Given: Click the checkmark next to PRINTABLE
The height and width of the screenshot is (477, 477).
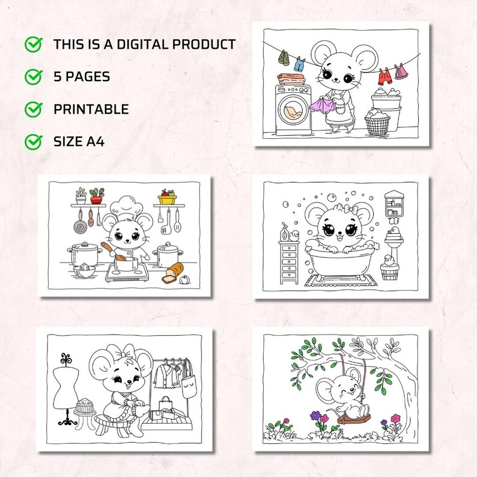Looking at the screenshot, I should pos(33,109).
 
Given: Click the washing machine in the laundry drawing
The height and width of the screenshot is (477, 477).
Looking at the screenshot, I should pos(293,110).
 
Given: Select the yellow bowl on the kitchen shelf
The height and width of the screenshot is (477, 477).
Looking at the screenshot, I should pos(166,198).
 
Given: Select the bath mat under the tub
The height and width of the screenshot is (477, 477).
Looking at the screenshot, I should pos(341,281).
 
